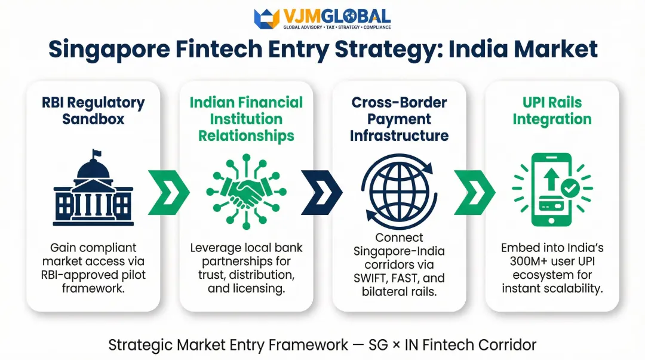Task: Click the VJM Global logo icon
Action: [266, 19]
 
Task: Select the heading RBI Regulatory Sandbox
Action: [93, 110]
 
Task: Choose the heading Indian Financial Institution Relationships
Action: [246, 119]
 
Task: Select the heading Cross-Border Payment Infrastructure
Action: [399, 119]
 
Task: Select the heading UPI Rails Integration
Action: [552, 110]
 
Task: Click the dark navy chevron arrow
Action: [322, 192]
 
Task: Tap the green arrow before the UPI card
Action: [475, 192]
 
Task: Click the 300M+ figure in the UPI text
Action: [523, 261]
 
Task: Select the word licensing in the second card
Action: [266, 289]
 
